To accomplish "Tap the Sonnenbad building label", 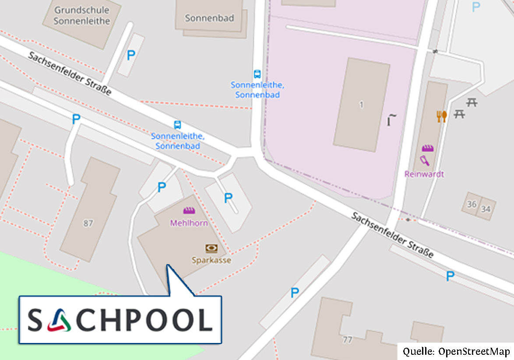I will (209, 18).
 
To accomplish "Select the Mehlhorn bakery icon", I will (189, 211).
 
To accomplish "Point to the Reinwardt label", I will (424, 174).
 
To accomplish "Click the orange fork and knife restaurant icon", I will (441, 116).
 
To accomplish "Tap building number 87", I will (88, 224).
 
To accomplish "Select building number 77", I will (348, 339).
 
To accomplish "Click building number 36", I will (472, 204).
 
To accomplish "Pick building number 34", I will (486, 209).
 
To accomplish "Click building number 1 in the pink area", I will (361, 105).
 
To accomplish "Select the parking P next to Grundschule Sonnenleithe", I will (130, 56).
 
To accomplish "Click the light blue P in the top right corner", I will (475, 7).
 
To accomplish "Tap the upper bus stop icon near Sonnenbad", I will (257, 74).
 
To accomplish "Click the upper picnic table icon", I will (472, 103).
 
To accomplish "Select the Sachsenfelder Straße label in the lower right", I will (392, 235).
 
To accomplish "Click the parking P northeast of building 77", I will (295, 293).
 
